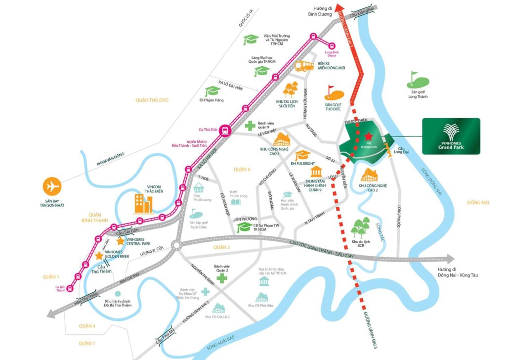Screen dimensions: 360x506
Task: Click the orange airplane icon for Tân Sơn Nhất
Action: click(x=51, y=187)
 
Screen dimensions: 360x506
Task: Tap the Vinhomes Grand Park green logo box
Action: click(x=451, y=136)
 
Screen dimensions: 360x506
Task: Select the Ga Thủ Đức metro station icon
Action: click(x=226, y=130)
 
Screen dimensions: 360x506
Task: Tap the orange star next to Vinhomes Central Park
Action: click(x=120, y=241)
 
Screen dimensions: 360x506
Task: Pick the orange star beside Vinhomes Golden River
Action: click(x=99, y=256)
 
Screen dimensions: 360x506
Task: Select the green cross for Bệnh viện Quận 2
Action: click(x=222, y=278)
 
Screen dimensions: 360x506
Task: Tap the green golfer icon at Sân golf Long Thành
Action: click(x=413, y=78)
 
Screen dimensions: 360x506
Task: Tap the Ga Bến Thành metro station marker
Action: click(x=70, y=288)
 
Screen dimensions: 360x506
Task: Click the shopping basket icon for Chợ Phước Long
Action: click(x=199, y=188)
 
